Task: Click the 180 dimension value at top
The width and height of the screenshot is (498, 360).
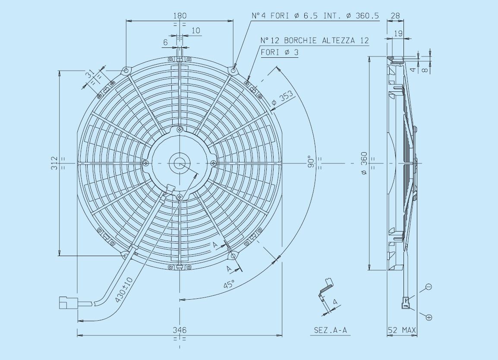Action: click(180, 16)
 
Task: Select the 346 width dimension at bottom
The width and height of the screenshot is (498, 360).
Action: click(180, 330)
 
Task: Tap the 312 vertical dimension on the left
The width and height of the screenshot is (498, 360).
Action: click(54, 163)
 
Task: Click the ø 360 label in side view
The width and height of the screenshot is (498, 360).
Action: click(364, 163)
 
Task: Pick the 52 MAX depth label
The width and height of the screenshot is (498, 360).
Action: click(401, 330)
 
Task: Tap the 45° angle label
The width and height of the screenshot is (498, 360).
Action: click(230, 284)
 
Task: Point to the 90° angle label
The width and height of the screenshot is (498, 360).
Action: click(312, 163)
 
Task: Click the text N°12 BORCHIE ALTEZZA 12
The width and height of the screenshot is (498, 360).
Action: click(315, 41)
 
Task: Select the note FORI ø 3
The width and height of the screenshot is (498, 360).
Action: click(279, 52)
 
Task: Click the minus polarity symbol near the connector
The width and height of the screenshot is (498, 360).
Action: click(429, 287)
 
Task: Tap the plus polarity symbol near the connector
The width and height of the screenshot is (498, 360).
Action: click(429, 318)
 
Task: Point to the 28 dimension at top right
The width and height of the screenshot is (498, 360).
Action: click(395, 16)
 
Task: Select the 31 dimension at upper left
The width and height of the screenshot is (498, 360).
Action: click(90, 75)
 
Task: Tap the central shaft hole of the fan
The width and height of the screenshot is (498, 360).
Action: click(179, 163)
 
